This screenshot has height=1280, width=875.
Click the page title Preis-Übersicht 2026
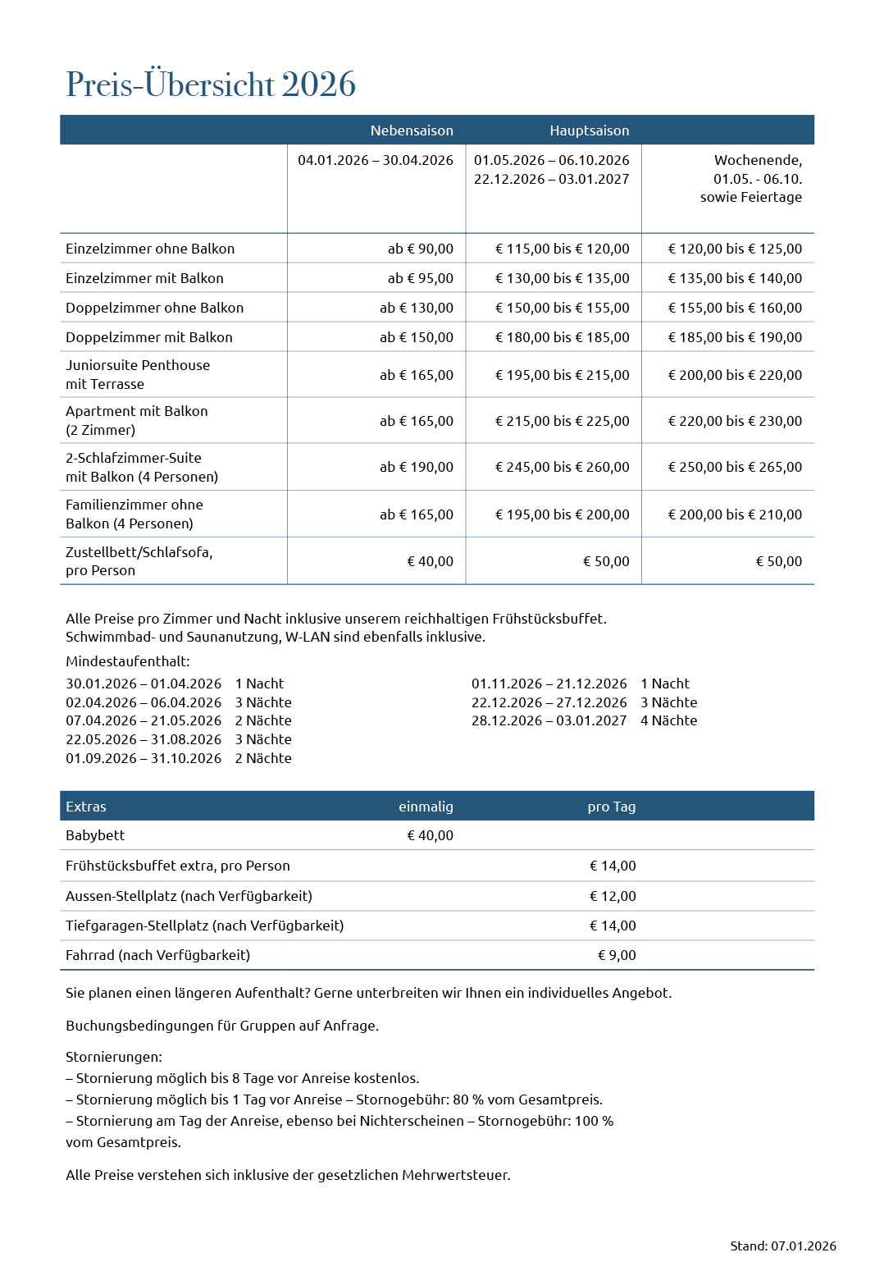211,85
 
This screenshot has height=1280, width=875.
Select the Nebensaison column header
412,130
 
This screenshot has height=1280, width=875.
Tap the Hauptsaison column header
589,130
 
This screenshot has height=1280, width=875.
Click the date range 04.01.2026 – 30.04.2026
375,160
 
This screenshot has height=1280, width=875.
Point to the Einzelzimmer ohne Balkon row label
150,249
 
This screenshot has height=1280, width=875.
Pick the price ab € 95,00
420,278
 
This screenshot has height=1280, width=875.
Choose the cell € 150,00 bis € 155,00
562,308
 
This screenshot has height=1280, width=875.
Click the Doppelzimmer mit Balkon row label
149,337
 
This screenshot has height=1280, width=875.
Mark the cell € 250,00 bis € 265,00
735,467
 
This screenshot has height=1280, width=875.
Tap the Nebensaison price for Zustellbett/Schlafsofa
430,561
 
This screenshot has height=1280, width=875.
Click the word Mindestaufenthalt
127,661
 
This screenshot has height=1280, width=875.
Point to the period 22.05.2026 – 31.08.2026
144,739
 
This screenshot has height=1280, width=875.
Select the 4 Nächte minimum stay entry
668,720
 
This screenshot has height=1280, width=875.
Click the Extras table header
86,807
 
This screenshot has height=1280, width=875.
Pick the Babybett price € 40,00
430,835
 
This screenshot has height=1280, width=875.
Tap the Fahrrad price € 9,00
617,955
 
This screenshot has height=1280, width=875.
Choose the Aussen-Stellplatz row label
189,896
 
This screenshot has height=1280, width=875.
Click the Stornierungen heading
114,1057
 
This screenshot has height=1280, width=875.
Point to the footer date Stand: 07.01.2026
782,1246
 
